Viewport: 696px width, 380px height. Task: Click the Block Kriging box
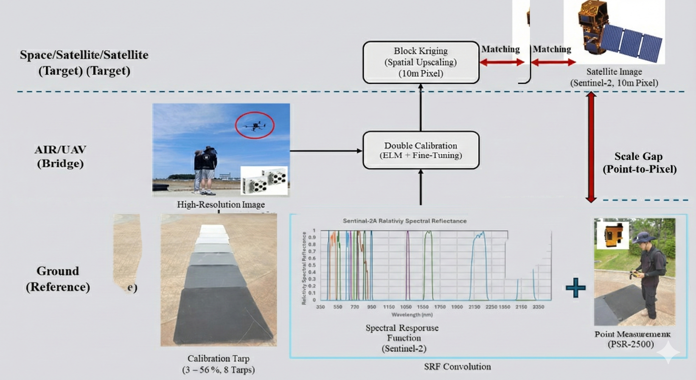[421, 62]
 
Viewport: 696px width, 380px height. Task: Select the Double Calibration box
[421, 150]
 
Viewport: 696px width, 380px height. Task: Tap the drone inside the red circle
[254, 125]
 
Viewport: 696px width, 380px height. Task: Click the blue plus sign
[575, 287]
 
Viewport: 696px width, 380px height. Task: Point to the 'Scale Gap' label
[638, 157]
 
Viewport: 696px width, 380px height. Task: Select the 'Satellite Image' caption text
[614, 72]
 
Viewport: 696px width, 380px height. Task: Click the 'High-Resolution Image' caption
[221, 204]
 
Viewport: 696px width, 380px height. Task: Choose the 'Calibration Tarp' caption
[218, 359]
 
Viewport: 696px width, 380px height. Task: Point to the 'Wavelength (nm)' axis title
[412, 314]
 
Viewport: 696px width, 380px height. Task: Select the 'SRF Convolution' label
[457, 367]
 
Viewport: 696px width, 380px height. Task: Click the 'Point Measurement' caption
[632, 334]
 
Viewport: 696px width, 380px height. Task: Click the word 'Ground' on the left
[58, 271]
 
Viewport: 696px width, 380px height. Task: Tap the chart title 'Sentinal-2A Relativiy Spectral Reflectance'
[404, 221]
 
